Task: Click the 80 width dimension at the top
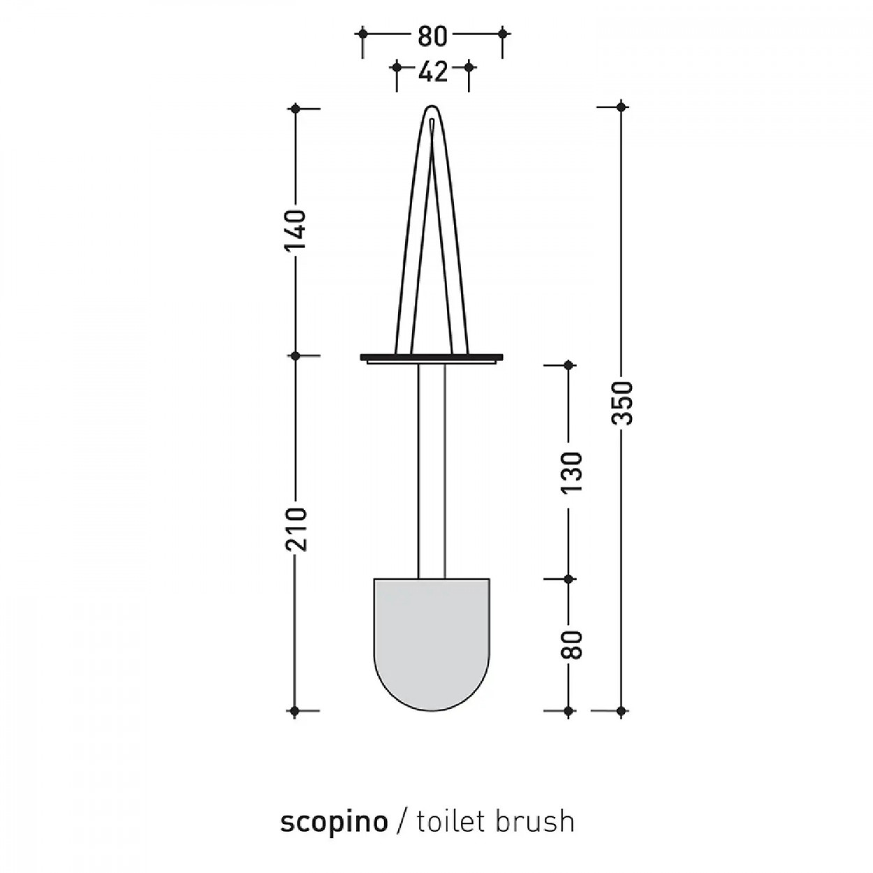[432, 37]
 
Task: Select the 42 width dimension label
[432, 71]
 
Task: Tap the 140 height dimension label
[295, 230]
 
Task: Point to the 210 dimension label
[295, 529]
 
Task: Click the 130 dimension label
[571, 473]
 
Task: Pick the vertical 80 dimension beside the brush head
[571, 644]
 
